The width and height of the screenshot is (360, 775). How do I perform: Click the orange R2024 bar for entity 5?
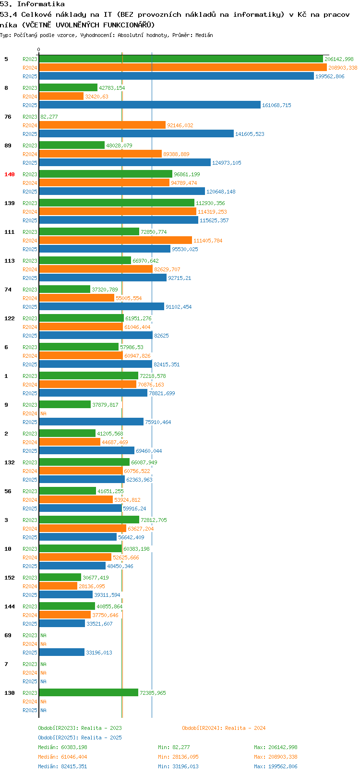point(183,68)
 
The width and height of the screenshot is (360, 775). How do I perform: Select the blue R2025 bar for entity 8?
point(150,105)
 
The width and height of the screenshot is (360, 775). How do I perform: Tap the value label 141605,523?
point(250,134)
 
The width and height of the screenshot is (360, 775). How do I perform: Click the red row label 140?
point(9,174)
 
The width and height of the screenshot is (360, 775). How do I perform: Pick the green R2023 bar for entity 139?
point(117,203)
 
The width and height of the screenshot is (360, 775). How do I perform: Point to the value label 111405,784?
point(208,241)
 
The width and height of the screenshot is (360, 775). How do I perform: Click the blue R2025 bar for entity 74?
point(102,306)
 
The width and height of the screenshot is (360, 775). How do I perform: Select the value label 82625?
point(161,336)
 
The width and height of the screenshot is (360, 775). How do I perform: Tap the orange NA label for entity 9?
point(43,413)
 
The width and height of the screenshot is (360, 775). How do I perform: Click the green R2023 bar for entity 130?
point(88,693)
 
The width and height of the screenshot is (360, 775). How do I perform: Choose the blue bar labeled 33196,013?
point(61,652)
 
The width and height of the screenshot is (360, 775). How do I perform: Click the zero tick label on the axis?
point(38,49)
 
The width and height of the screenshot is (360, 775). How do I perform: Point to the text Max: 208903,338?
point(276,757)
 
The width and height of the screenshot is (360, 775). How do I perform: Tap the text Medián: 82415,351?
point(62,766)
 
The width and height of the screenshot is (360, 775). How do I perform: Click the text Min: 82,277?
point(174,747)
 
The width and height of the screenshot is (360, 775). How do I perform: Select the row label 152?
point(9,578)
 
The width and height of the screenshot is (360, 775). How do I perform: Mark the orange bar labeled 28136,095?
point(58,586)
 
